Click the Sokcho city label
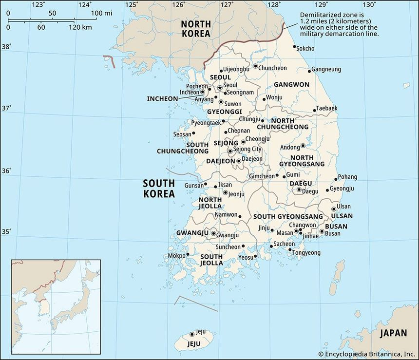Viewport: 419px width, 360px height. click(305, 49)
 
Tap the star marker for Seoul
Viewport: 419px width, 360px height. click(220, 88)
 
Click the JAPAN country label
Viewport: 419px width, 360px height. click(393, 333)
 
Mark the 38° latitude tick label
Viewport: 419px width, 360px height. click(6, 47)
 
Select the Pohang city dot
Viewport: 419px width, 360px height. click(336, 179)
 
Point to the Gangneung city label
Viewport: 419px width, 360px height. click(326, 70)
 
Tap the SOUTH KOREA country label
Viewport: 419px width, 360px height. click(159, 189)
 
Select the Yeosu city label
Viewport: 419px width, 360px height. click(246, 258)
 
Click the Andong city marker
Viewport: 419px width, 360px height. click(303, 146)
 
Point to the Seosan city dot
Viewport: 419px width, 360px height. click(193, 133)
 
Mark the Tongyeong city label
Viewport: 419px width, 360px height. click(307, 253)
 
